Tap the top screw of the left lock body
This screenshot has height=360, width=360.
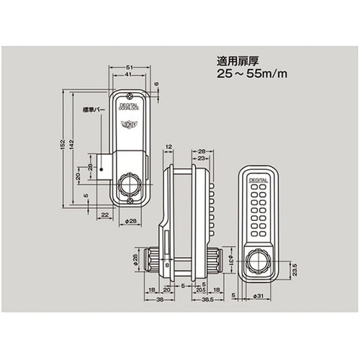click(x=129, y=96)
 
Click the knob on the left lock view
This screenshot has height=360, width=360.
click(x=130, y=184)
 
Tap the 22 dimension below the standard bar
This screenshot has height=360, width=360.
click(x=104, y=215)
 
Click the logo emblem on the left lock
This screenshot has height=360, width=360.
click(x=128, y=124)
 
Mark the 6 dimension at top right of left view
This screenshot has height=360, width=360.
click(x=156, y=84)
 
